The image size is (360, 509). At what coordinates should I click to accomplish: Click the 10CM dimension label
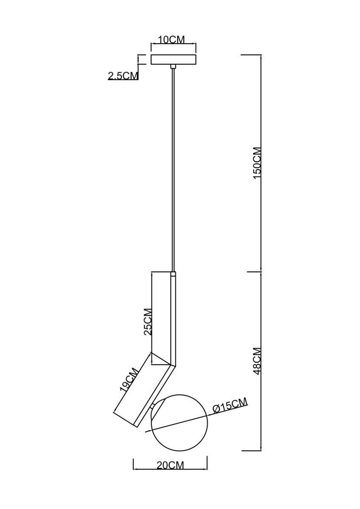171,39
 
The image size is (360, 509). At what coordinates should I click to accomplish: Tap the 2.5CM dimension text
123,76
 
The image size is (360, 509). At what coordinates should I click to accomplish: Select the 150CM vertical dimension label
257,163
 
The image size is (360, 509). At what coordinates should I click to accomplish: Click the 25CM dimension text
147,322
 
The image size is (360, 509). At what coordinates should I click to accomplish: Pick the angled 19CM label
129,380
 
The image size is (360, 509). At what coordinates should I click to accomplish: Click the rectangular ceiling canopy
174,59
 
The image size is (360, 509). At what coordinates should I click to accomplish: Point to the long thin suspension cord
173,170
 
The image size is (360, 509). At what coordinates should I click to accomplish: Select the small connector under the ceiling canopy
173,66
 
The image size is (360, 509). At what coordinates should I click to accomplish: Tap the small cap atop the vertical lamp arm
173,274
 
